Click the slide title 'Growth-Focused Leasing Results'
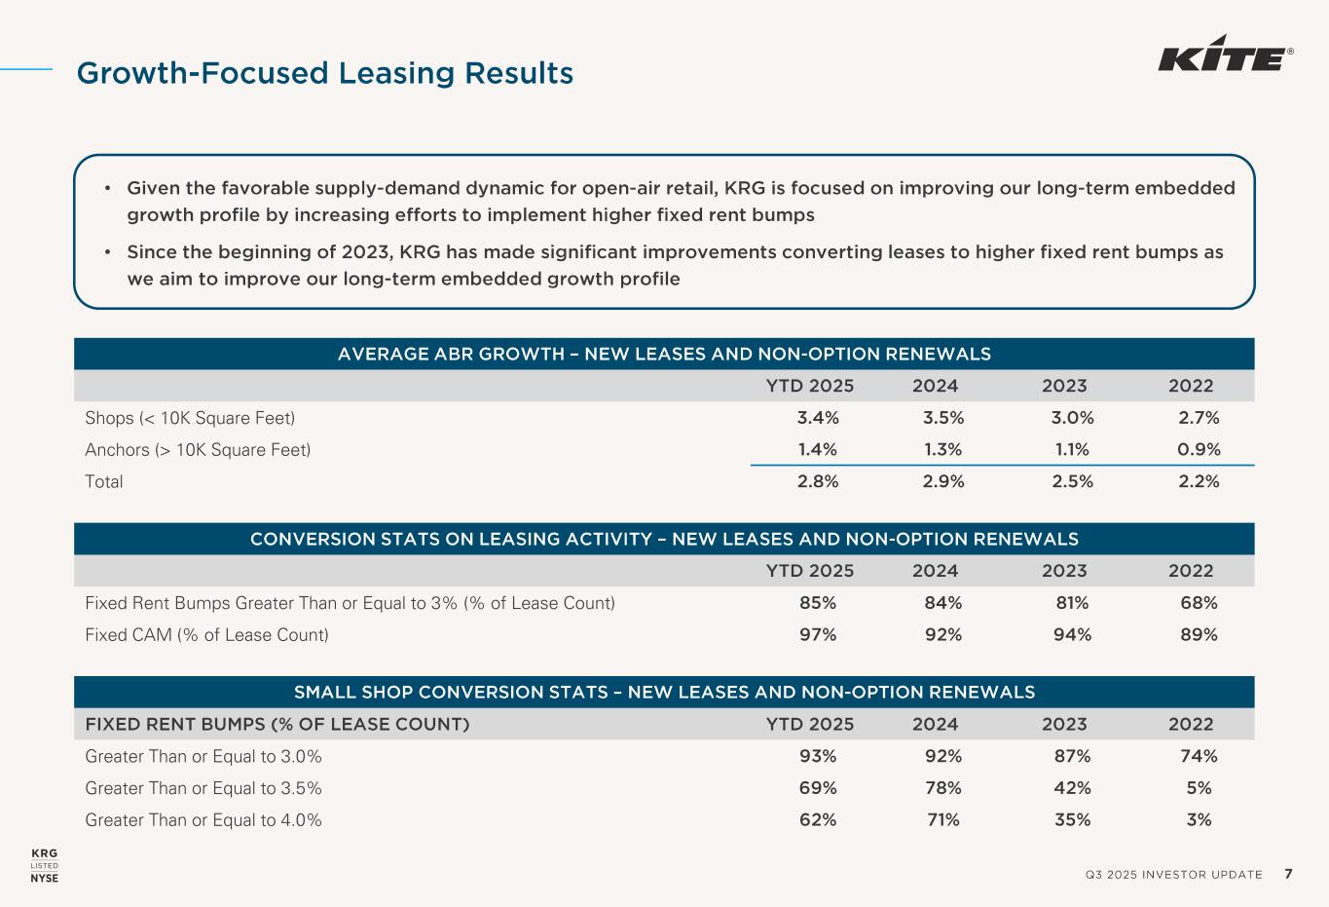coord(325,73)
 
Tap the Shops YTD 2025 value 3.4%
coord(818,418)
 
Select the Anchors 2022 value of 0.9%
coord(1199,449)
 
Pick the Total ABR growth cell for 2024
coord(942,481)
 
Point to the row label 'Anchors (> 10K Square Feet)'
coord(199,449)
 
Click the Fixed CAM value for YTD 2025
coord(818,635)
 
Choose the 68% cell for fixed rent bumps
coord(1199,603)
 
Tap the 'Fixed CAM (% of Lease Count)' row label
coord(207,635)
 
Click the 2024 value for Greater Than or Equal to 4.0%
coord(942,820)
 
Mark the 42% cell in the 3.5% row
coord(1072,788)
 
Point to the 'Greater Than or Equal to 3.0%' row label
coord(203,757)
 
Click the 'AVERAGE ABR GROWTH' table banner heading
coord(664,354)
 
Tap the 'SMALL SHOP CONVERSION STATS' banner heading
coord(664,693)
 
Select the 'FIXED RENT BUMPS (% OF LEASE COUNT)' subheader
coord(277,725)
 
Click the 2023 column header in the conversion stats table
coord(1064,571)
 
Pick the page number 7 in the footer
coord(1288,874)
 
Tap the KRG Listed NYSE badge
coord(45,865)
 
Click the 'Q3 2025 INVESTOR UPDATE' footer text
coord(1173,875)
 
